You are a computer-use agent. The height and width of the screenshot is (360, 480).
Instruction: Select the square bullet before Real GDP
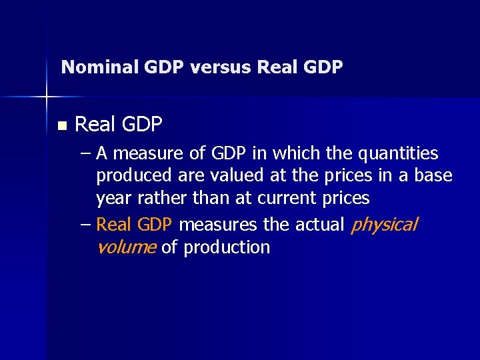62,125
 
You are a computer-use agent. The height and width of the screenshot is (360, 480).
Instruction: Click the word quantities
398,154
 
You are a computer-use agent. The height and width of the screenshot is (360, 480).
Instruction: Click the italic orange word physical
384,225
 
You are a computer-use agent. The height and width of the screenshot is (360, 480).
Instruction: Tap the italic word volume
126,247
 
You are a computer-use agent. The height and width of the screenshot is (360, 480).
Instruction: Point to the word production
227,247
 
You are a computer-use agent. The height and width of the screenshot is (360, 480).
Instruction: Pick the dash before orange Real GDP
85,225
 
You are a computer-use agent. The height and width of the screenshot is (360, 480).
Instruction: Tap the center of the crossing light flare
47,97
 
